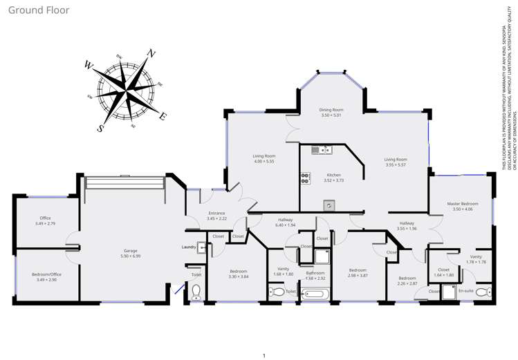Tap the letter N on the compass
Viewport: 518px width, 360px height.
click(151, 53)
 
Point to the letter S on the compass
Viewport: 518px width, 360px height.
click(101, 128)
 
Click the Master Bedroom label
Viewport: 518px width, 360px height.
click(462, 204)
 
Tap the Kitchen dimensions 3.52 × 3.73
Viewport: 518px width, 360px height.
click(334, 180)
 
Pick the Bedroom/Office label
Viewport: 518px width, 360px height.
click(47, 274)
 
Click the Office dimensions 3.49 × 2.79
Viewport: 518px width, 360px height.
click(45, 224)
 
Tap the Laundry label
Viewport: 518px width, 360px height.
click(189, 247)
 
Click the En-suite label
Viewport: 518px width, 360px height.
click(465, 291)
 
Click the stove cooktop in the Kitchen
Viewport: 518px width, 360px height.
click(305, 178)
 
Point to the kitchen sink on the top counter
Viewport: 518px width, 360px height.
click(322, 149)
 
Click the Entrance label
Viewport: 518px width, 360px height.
click(216, 213)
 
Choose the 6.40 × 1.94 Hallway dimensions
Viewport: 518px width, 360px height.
click(286, 225)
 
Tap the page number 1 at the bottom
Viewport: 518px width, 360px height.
click(263, 355)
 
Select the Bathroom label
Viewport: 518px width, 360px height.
click(315, 273)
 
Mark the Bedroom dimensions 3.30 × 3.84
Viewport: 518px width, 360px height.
click(238, 276)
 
